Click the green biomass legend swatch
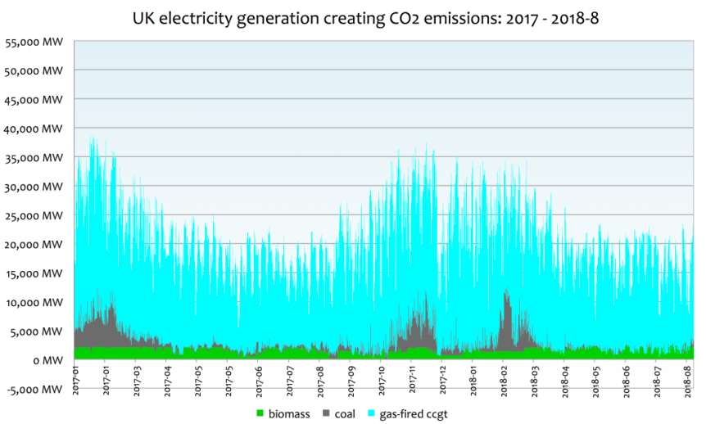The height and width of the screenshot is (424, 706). point(261,414)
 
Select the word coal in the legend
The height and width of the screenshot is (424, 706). point(345,414)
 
